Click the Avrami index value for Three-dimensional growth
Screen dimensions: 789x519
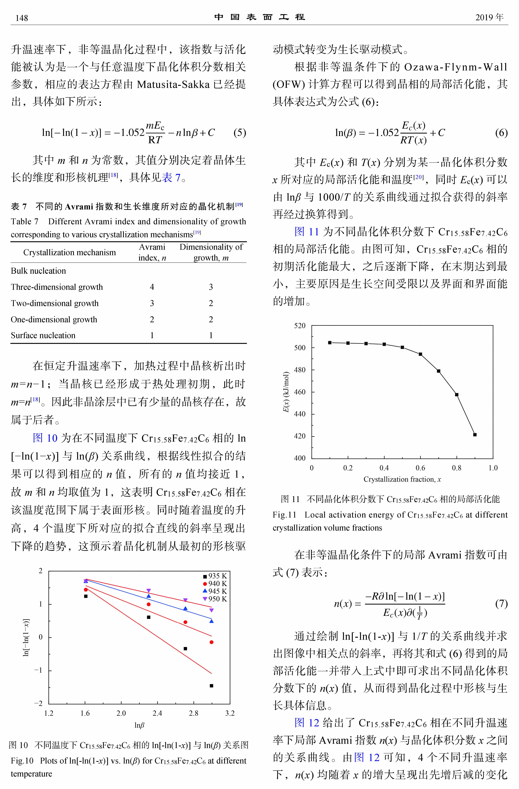click(x=152, y=287)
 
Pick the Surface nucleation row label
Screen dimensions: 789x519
click(x=43, y=336)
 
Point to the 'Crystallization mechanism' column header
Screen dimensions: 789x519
click(x=70, y=253)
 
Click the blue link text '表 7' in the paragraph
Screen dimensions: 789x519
click(x=171, y=178)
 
